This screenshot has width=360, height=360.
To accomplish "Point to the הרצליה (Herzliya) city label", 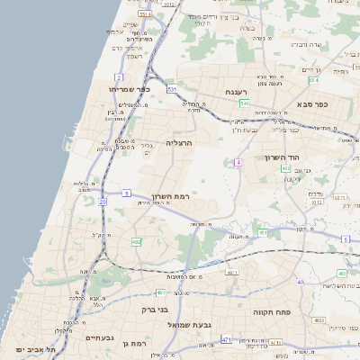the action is click(180, 142).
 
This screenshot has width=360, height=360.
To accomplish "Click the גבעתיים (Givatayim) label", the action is click(99, 337).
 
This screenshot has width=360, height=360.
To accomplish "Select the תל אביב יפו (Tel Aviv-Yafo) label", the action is click(35, 348).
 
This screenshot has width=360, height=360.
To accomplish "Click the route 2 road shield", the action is click(119, 78).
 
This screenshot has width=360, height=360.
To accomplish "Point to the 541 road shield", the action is click(243, 103).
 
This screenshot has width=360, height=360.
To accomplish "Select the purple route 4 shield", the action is click(238, 163).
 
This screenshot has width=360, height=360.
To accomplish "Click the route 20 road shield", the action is click(103, 202).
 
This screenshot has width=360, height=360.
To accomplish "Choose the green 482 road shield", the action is click(137, 241).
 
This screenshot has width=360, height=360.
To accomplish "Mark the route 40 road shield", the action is click(301, 283).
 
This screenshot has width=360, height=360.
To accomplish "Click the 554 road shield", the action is click(285, 167).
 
